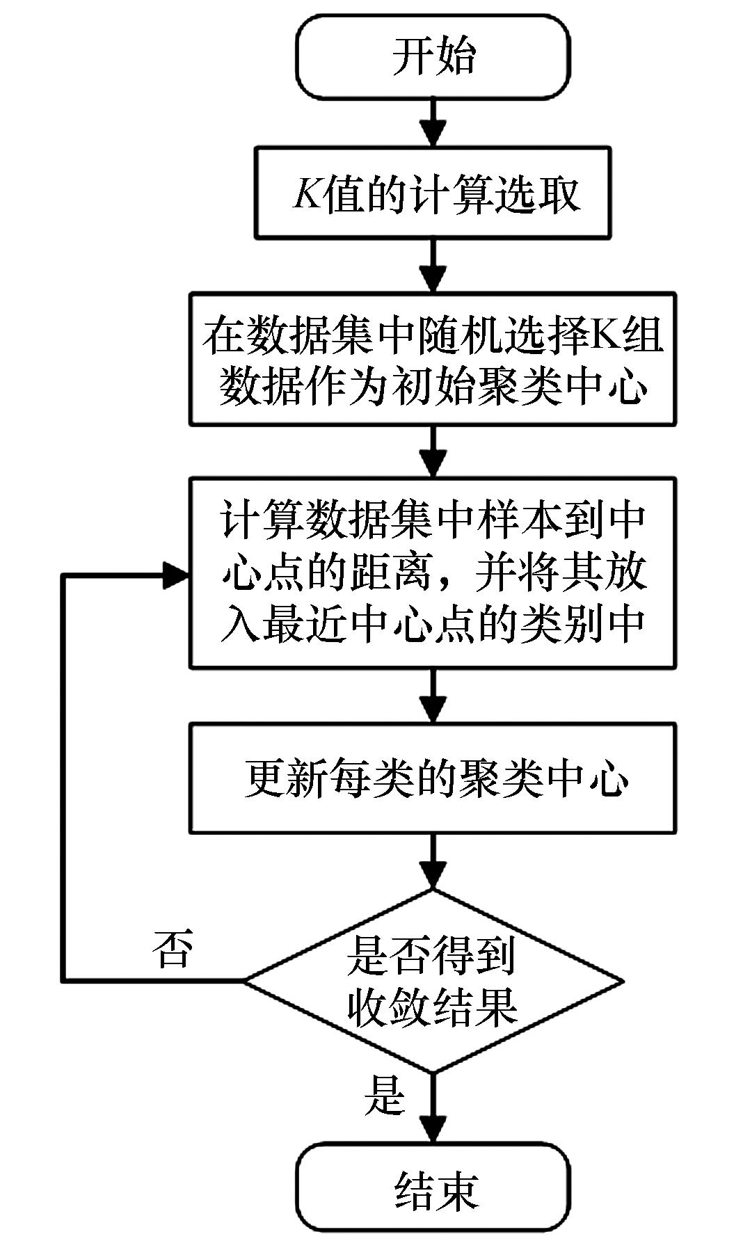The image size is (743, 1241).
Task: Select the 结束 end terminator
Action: click(433, 1190)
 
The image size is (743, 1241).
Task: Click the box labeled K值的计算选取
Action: click(433, 193)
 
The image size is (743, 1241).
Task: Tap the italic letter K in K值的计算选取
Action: click(307, 193)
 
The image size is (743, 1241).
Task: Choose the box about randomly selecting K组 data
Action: click(433, 359)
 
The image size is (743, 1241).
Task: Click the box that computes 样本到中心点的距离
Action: click(433, 573)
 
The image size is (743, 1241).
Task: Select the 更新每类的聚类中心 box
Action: click(433, 778)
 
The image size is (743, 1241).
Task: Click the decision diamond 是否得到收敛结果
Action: click(433, 981)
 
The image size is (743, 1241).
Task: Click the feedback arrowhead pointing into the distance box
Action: click(176, 575)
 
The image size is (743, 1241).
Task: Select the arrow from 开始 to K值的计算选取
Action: click(433, 122)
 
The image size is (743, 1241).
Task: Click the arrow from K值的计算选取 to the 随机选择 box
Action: click(433, 266)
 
